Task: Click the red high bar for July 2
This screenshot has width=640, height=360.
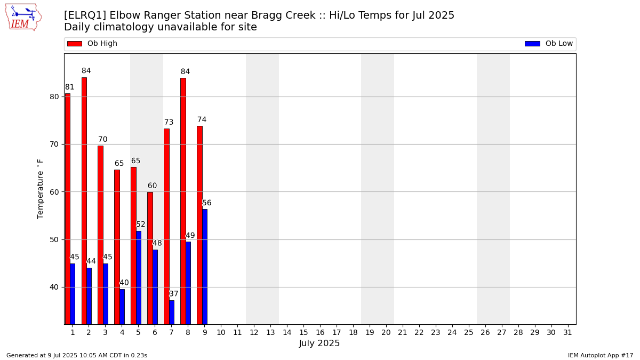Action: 84,201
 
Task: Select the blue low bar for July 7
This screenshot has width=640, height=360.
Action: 172,313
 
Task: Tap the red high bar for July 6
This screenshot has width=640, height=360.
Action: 150,258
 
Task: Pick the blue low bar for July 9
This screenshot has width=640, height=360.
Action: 205,267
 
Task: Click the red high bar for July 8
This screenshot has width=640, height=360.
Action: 183,201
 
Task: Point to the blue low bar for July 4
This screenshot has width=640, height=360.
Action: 122,307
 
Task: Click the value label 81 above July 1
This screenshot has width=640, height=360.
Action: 69,87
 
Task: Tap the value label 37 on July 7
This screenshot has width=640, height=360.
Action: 174,294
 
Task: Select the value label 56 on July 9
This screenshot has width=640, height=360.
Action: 206,203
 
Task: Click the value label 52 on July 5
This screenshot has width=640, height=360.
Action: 141,225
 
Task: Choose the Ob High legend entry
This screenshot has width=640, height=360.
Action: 92,43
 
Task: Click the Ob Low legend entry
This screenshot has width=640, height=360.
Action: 549,43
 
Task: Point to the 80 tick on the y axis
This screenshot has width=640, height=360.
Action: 54,97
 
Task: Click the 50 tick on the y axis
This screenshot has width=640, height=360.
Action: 54,239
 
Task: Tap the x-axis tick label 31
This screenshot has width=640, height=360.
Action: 567,333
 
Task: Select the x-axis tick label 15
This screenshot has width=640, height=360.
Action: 303,333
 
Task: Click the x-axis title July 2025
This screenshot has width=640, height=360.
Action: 319,343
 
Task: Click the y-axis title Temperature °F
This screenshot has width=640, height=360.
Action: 40,189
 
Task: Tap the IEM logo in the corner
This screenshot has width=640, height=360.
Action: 23,18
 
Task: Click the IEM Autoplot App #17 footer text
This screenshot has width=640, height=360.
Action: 601,355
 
